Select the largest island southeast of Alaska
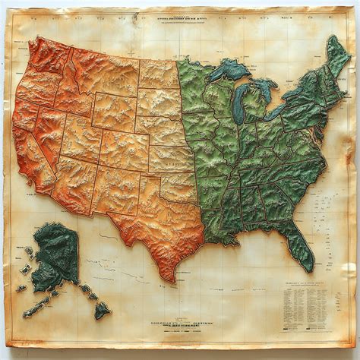[101, 309]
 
